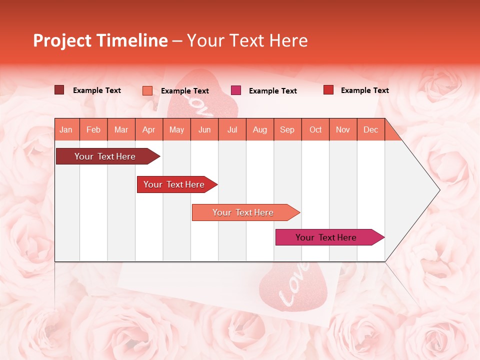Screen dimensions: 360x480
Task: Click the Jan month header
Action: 66,129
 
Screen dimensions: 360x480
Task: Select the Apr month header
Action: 148,129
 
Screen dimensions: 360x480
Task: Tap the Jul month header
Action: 232,129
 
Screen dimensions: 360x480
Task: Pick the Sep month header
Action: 287,129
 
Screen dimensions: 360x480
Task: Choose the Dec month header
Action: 370,129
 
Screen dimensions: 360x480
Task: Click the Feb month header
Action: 93,129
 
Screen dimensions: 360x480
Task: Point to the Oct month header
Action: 315,129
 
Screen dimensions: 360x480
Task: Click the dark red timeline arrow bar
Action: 105,156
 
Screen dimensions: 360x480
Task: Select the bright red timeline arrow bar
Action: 174,184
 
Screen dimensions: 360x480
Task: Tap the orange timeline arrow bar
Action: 243,212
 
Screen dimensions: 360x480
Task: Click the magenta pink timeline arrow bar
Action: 326,237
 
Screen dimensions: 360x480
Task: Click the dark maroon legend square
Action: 59,90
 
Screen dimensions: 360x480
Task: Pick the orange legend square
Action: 147,90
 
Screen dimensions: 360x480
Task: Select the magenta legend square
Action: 236,90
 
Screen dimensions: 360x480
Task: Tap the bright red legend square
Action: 328,90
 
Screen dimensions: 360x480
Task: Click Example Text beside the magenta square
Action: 272,90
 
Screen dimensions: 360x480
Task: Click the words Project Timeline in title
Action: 100,40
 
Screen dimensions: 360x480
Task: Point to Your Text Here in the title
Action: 247,40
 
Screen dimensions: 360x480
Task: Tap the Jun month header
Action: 204,129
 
